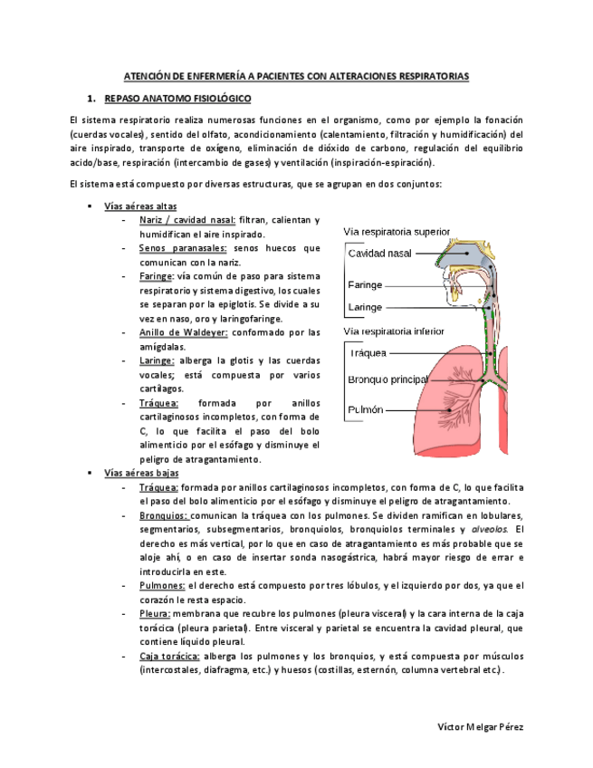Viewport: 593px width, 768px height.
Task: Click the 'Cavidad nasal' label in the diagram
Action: click(379, 254)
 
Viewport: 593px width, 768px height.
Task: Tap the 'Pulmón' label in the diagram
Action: click(366, 409)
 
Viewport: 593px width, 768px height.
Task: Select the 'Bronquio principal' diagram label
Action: click(387, 379)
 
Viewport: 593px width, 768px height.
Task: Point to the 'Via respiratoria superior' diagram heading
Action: click(397, 232)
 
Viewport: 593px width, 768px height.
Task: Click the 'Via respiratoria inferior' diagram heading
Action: click(394, 331)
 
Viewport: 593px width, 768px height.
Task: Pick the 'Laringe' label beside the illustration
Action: click(365, 307)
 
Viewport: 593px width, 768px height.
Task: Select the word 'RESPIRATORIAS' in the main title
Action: click(430, 77)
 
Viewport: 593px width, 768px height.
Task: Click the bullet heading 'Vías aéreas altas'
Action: click(140, 206)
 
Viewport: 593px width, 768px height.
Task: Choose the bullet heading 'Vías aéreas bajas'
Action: click(141, 473)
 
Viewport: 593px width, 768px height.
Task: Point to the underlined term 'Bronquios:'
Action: click(164, 515)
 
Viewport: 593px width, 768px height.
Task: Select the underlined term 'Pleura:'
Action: click(156, 614)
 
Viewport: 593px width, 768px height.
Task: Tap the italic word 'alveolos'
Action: click(489, 530)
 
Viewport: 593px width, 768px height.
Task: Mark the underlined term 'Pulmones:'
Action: click(163, 586)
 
